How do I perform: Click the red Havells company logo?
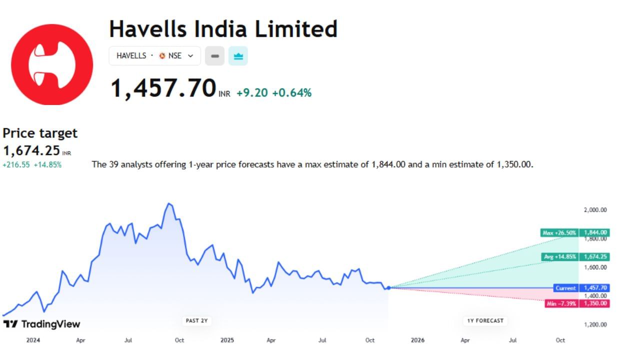point(52,64)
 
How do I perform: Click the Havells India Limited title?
point(223,29)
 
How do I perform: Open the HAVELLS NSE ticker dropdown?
point(154,56)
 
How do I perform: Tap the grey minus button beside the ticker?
point(215,56)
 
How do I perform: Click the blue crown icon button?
point(238,56)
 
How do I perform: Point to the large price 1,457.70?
point(163,88)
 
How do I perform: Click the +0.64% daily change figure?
point(291,92)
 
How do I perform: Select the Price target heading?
point(40,133)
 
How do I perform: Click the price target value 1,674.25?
point(31,150)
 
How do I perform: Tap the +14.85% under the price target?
point(47,164)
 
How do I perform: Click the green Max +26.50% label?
point(559,232)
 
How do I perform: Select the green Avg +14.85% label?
point(560,257)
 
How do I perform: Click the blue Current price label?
point(565,288)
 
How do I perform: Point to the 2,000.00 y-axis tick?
point(595,210)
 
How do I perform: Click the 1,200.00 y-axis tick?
point(595,324)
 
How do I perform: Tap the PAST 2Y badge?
point(196,320)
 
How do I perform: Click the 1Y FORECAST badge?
point(485,320)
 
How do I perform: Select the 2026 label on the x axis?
point(417,340)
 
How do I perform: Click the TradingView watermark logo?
point(41,324)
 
